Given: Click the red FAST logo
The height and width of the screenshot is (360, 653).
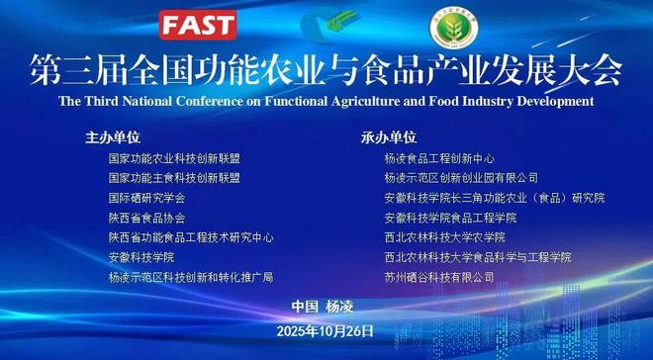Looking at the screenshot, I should pos(199,24).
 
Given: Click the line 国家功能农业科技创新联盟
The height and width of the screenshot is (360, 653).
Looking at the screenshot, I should pos(174,158).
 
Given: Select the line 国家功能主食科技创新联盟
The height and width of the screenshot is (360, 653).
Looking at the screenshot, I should pos(174,178).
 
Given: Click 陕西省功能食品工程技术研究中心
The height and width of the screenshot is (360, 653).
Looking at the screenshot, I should pos(191,237).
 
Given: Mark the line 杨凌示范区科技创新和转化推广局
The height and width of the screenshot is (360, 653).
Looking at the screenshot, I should pos(190,278).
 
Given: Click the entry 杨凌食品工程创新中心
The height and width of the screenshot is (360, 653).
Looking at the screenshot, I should pos(439,158).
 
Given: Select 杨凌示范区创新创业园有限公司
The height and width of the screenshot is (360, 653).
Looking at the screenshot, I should pos(461,178).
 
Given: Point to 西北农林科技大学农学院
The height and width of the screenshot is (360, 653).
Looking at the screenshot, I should pos(444,237).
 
